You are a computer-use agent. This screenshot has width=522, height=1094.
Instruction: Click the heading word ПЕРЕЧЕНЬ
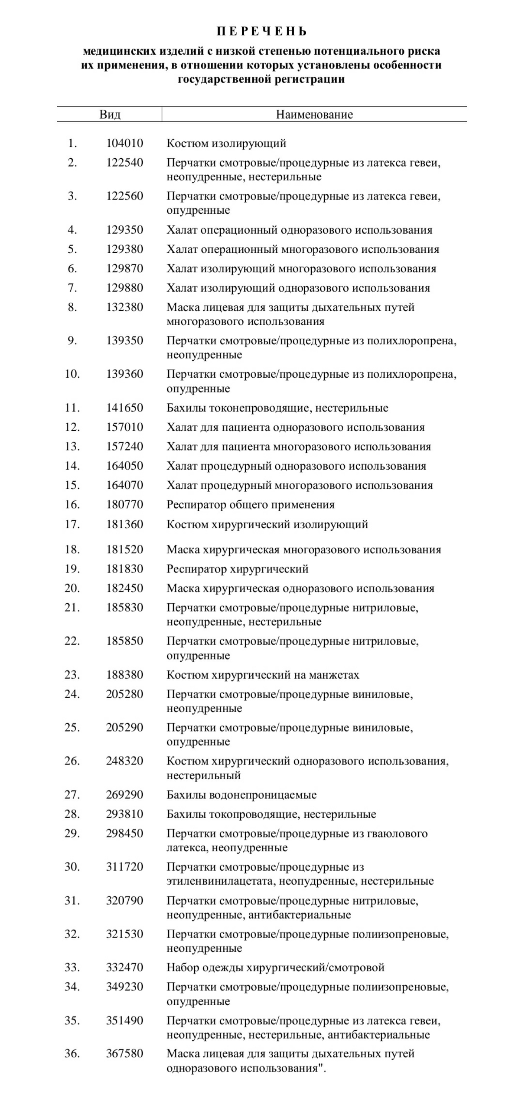(261, 32)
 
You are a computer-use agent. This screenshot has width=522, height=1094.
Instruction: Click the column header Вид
(110, 115)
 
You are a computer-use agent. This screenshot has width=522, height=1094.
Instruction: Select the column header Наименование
(314, 115)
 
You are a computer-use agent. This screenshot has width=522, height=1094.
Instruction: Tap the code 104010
(125, 143)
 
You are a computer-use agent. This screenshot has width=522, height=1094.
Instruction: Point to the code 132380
(125, 307)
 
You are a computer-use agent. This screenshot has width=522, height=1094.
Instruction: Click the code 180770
(125, 504)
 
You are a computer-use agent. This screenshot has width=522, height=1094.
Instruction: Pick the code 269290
(125, 795)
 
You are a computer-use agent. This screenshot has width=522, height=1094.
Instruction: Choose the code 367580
(125, 1054)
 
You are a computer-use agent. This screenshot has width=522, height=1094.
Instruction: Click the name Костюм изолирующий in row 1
(226, 143)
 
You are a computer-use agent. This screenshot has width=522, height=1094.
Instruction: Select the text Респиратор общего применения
(250, 504)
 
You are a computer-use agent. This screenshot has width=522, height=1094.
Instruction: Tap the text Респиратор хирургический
(237, 569)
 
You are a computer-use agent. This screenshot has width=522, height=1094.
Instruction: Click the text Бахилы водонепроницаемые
(241, 795)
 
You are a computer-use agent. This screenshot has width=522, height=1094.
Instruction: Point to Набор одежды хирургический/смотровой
(275, 968)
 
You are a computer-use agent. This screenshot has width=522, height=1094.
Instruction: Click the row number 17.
(72, 524)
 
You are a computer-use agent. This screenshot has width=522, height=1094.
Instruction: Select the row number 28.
(72, 814)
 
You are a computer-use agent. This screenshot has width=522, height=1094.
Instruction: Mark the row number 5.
(72, 249)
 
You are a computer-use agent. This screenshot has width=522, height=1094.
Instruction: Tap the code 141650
(125, 408)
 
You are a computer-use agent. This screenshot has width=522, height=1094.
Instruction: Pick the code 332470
(125, 968)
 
